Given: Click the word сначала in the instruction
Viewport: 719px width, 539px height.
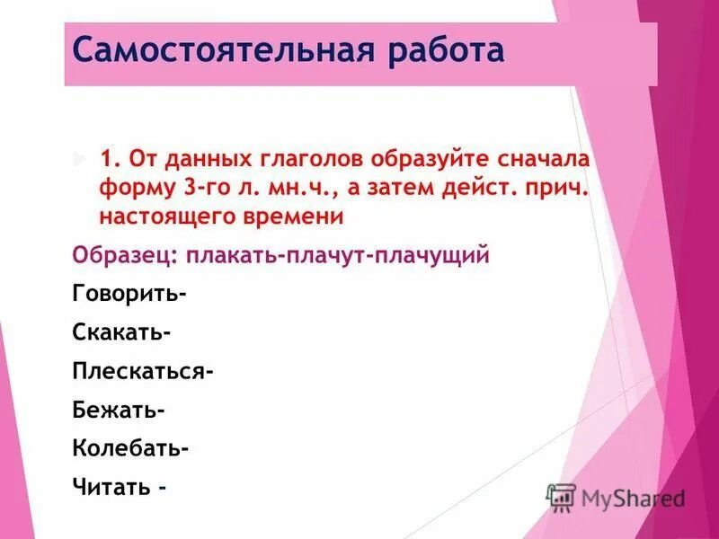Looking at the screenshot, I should [x=536, y=159].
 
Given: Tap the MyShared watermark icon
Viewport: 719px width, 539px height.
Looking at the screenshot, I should [x=562, y=497].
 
